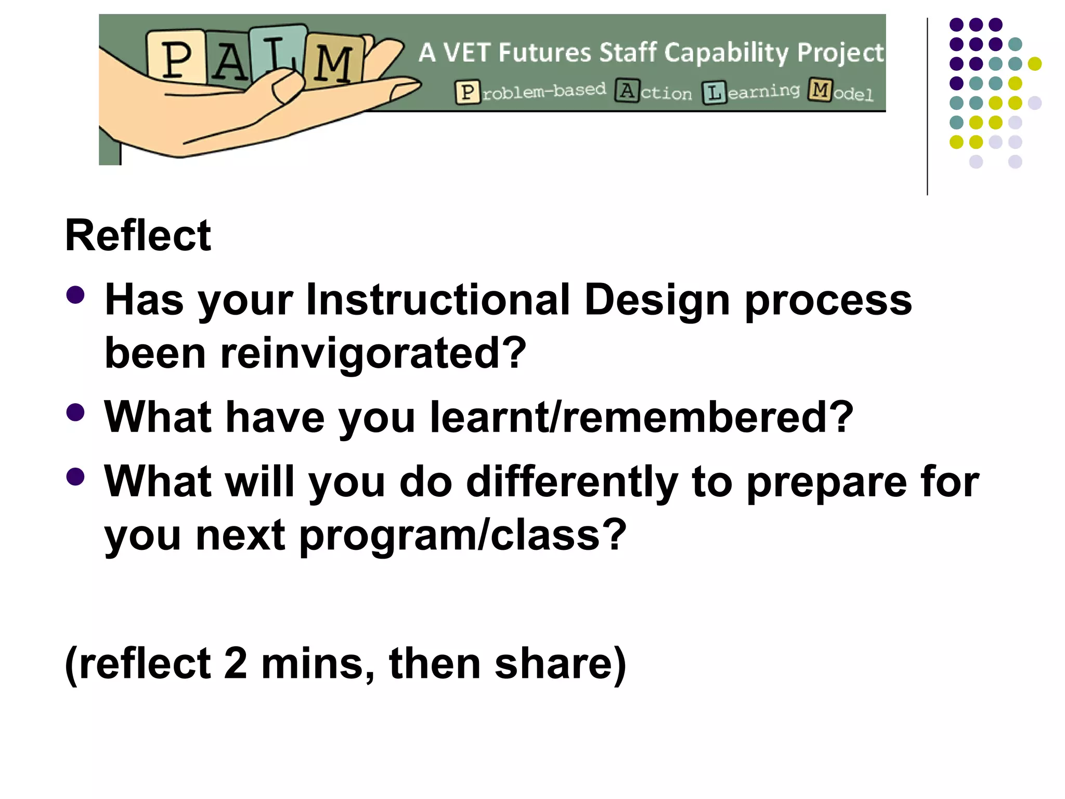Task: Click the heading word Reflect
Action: pyautogui.click(x=138, y=236)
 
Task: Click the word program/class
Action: pyautogui.click(x=462, y=535)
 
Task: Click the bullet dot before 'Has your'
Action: pyautogui.click(x=75, y=295)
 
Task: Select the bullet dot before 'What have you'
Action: pyautogui.click(x=75, y=413)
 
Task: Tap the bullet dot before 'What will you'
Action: pyautogui.click(x=75, y=476)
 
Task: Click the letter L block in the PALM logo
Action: pyautogui.click(x=278, y=52)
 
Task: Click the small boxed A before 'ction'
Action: pyautogui.click(x=627, y=91)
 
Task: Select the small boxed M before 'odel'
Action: pyautogui.click(x=820, y=90)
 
